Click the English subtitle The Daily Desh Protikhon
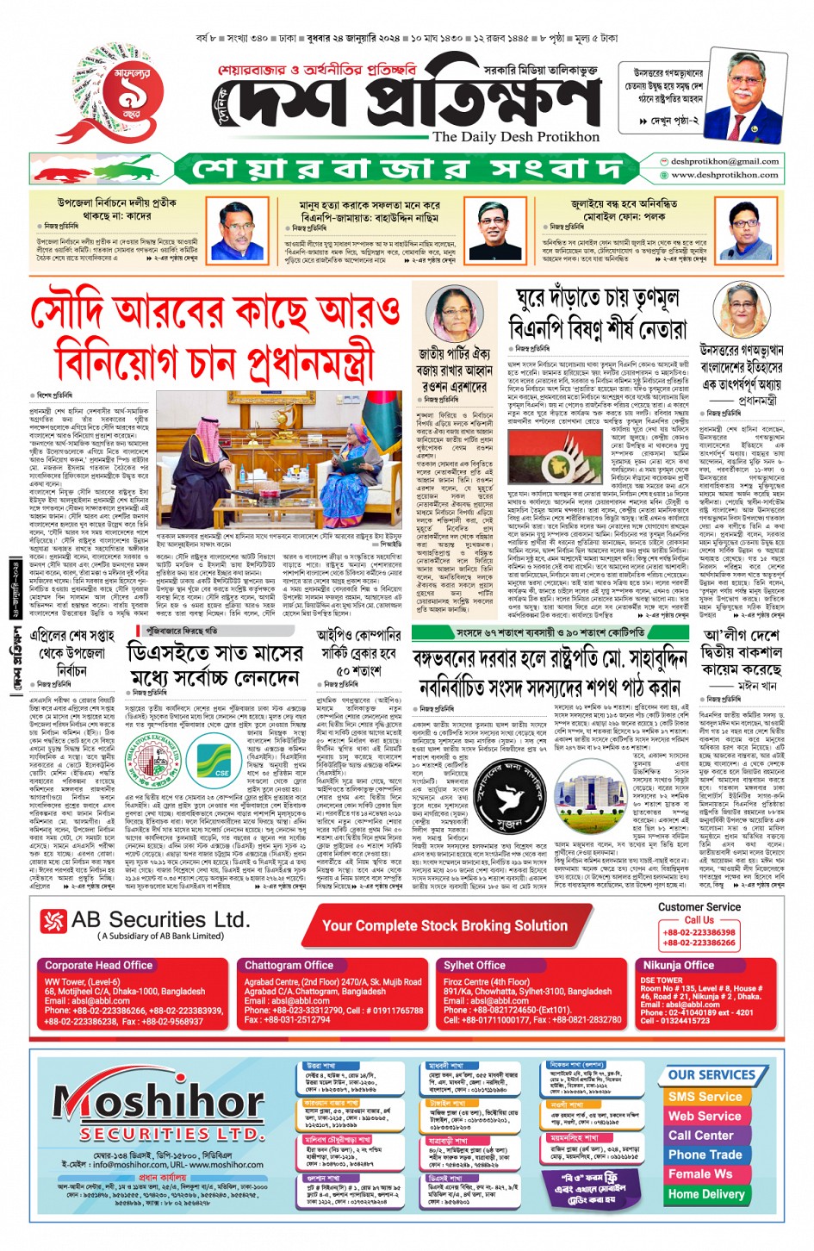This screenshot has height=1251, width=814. coord(515,136)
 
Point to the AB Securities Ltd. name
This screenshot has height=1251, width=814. coord(160,920)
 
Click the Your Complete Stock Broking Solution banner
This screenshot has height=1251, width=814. coord(444,925)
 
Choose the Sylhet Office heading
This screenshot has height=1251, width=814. coord(474,966)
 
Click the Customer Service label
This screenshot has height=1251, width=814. coord(699,907)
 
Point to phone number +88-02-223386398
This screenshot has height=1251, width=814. coord(699,932)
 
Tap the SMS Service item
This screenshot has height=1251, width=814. coord(705,1097)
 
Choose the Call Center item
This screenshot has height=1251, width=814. coord(705,1136)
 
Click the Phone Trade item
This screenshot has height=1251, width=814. coord(705,1155)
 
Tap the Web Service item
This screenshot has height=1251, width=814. coord(705,1116)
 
